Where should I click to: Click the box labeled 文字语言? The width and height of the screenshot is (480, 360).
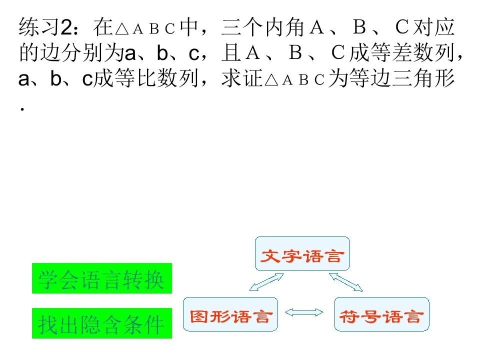point(302,254)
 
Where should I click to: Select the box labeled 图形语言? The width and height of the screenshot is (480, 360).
point(230,314)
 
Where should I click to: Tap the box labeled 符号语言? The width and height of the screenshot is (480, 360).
point(381,314)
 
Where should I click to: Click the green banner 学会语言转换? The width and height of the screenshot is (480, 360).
point(102,278)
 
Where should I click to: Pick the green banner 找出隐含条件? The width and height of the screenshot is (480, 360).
point(102,323)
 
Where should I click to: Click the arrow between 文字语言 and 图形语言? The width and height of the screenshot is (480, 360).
point(266,282)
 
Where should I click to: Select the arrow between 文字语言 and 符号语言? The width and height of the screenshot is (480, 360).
point(346,282)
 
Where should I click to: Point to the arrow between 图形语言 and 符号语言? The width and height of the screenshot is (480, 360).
point(304,312)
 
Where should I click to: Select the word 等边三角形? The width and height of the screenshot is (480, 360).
point(391,78)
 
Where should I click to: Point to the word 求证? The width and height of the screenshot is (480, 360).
point(242,78)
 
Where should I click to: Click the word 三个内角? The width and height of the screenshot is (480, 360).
point(263,27)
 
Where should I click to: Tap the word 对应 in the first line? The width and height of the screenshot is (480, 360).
point(433,27)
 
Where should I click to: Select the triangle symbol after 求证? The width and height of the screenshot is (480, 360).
point(271,80)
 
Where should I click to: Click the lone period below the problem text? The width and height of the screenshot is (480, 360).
point(22,109)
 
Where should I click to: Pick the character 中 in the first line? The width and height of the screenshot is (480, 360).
point(189,27)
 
